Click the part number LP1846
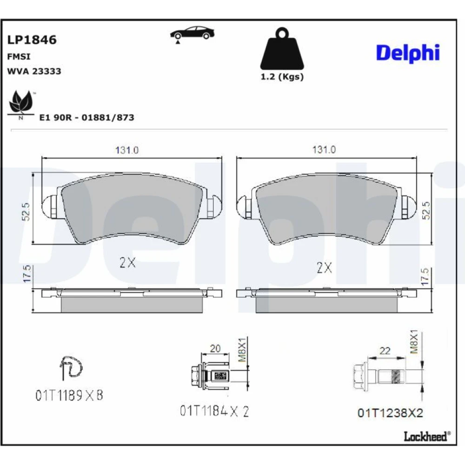[x=32, y=40]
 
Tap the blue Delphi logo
[x=408, y=53]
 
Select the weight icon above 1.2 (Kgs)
[x=282, y=49]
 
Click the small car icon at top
[x=192, y=34]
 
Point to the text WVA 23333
[x=34, y=71]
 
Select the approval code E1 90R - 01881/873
[x=86, y=118]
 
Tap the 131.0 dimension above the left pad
[x=127, y=150]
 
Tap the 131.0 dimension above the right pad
[x=324, y=149]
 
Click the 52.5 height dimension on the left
[x=26, y=212]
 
